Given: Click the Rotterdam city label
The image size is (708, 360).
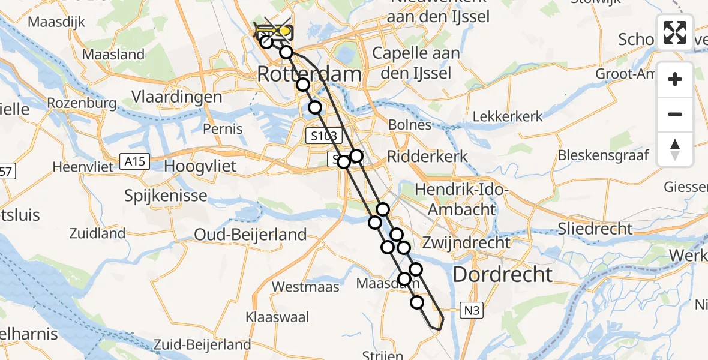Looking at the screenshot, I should tap(310, 75).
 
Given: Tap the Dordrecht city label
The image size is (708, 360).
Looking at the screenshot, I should tap(502, 274).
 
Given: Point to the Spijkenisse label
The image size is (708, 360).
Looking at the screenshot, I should tap(166, 195).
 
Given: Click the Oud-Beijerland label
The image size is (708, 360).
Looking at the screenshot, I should tap(250, 234).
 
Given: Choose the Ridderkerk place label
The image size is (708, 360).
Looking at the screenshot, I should tap(427, 156).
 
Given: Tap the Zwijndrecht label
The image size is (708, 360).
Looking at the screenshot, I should tap(466, 243).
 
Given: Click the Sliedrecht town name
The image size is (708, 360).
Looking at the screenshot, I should tap(595, 228).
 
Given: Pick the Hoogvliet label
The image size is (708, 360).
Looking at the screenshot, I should tap(200, 166).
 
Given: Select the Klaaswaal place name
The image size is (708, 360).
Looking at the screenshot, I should tap(277, 316).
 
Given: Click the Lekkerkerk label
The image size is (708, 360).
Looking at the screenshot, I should tap(508, 116).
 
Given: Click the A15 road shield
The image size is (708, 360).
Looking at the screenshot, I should tap(134, 161).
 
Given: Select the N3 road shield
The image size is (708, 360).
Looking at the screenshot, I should tap(472, 310).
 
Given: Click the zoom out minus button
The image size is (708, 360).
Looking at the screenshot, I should tap(675, 114).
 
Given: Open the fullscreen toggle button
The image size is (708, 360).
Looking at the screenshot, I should tap(675, 32).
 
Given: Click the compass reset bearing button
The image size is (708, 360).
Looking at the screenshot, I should tap(675, 149).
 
